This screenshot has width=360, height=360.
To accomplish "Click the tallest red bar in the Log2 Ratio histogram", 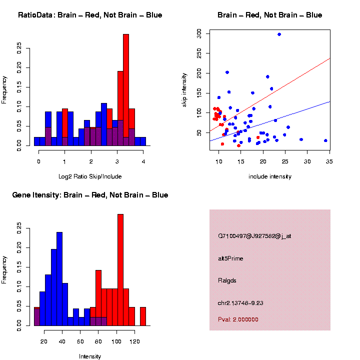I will [x=126, y=90].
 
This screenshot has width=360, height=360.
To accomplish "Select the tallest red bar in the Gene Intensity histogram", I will [x=120, y=270].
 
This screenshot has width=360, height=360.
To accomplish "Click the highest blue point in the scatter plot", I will [x=279, y=34].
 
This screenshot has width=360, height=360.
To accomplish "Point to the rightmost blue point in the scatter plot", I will [x=325, y=140].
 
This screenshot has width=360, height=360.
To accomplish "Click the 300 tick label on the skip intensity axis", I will [x=199, y=33].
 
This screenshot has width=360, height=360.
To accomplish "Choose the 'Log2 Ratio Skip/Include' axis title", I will [x=90, y=176].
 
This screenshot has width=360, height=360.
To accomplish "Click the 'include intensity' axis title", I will [x=269, y=176].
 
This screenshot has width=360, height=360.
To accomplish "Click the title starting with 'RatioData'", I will [x=90, y=15].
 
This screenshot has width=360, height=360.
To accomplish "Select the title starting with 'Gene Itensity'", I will [x=90, y=195].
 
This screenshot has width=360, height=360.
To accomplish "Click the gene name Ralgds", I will [x=227, y=280].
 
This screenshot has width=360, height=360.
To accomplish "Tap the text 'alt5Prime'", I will [x=230, y=258].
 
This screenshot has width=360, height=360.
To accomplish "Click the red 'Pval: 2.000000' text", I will [x=238, y=319].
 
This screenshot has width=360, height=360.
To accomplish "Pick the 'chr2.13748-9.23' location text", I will [x=244, y=302].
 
